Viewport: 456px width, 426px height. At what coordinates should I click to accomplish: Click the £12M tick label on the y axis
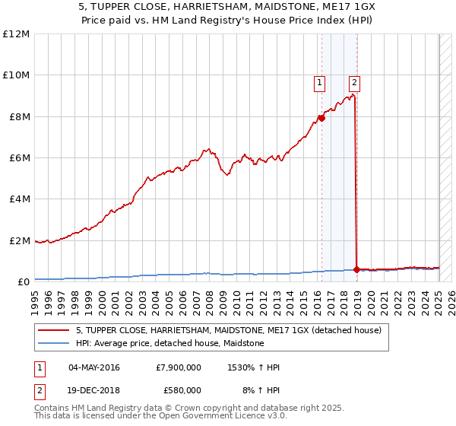15,34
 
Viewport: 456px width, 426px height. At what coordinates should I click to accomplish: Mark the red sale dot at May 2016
321,118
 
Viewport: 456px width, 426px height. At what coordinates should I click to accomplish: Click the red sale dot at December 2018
356,269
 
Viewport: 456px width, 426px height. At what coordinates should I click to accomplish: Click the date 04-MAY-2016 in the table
94,368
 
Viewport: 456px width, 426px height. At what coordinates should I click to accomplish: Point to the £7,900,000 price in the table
178,368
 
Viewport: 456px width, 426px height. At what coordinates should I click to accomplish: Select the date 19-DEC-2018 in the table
94,390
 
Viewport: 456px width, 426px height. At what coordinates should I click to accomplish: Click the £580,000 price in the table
182,390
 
